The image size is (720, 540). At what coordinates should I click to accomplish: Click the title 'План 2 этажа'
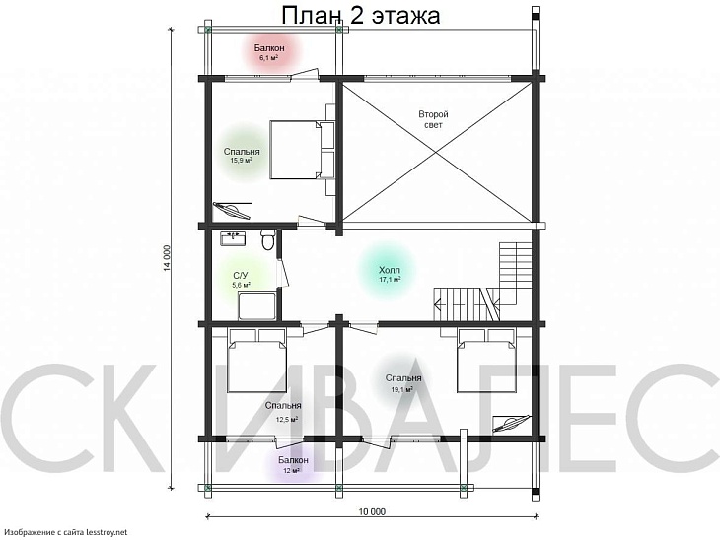pos(360,15)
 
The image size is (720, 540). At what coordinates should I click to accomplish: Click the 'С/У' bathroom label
pos(241,275)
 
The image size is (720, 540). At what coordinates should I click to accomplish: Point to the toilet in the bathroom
pos(266,240)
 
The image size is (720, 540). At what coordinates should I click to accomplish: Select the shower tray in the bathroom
pos(257,304)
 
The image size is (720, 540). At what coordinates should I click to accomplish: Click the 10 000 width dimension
pos(372,511)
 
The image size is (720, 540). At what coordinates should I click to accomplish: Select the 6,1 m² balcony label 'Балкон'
pos(269,48)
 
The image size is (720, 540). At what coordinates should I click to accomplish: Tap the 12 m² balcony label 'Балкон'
pos(292,460)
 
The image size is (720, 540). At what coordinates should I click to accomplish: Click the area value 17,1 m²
pos(390,280)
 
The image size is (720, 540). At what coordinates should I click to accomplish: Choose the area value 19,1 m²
pos(401,389)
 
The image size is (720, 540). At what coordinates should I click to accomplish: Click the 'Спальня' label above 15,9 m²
pos(241,152)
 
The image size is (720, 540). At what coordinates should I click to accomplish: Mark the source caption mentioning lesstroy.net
pos(67,532)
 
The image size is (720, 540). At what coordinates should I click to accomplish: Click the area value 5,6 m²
pos(241,285)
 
